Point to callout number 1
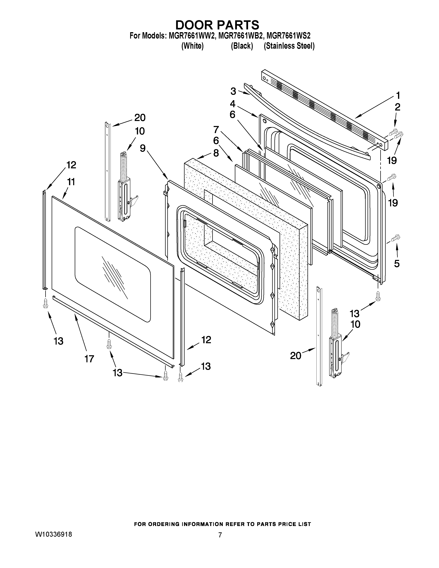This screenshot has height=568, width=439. pyautogui.click(x=398, y=96)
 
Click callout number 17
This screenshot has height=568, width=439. pyautogui.click(x=89, y=359)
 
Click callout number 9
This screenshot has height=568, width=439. pyautogui.click(x=143, y=148)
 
